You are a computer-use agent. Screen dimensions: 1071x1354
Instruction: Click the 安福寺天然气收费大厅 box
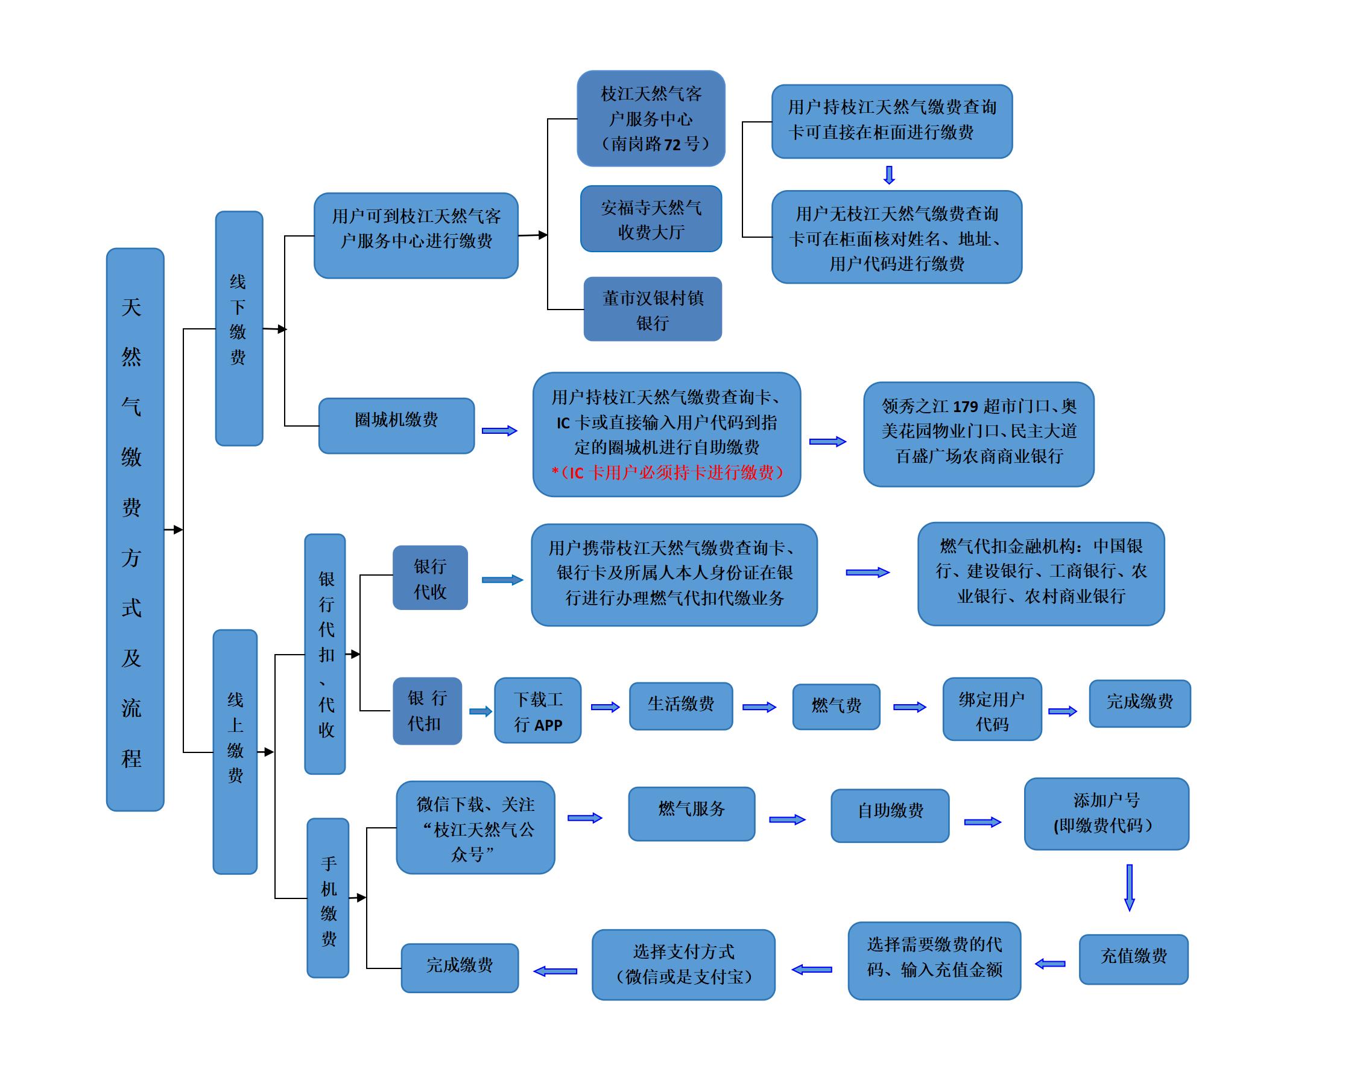[651, 219]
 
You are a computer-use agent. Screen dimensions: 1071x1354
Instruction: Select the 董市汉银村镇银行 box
[653, 310]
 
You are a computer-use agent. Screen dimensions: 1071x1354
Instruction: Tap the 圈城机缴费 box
[396, 426]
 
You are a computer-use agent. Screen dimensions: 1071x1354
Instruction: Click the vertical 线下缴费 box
[239, 329]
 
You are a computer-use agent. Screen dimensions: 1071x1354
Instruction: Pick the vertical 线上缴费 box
[235, 751]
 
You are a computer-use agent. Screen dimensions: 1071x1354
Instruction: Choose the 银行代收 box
[430, 577]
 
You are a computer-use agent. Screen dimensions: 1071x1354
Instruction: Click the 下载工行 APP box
[538, 710]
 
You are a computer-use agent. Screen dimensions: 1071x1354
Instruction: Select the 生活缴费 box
[681, 706]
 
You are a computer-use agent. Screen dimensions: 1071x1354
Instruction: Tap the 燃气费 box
[836, 707]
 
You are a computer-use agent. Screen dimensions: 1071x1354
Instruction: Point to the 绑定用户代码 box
[992, 709]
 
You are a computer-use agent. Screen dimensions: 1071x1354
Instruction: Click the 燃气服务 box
[691, 813]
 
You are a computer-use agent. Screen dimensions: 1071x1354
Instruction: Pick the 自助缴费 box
[890, 815]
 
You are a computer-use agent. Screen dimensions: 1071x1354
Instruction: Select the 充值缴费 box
[1133, 959]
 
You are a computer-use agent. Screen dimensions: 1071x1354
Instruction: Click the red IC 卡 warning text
[667, 473]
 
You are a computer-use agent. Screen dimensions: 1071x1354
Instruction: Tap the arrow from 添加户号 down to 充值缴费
[1130, 888]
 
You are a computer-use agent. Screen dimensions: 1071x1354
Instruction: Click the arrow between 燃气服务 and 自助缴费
[787, 819]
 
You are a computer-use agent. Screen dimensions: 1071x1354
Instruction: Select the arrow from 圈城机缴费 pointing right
[499, 431]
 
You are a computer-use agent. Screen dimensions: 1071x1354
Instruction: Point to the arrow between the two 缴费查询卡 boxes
[889, 175]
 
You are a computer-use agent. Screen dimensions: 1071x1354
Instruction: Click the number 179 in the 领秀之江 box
[966, 407]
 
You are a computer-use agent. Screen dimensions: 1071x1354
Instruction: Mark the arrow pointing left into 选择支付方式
[812, 970]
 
